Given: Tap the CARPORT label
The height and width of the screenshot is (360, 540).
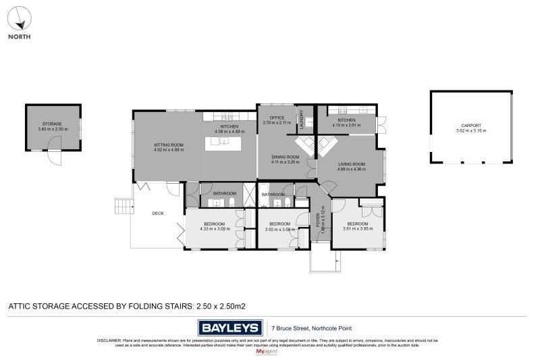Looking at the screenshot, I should coord(471,126).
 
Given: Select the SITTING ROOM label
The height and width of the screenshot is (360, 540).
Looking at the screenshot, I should coord(169,145).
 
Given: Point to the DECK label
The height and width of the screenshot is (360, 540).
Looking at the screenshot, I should coord(158,213).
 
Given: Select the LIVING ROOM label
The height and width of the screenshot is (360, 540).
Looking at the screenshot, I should coord(351,164).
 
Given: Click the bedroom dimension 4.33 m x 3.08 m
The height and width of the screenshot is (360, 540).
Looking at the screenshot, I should coord(215,229).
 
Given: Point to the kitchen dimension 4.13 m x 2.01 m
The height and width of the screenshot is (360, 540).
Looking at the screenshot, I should coord(346,125).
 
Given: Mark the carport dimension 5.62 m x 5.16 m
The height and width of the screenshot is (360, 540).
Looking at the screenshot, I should coord(471,131).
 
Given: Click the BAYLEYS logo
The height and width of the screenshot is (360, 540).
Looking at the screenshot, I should coord(230,328).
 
